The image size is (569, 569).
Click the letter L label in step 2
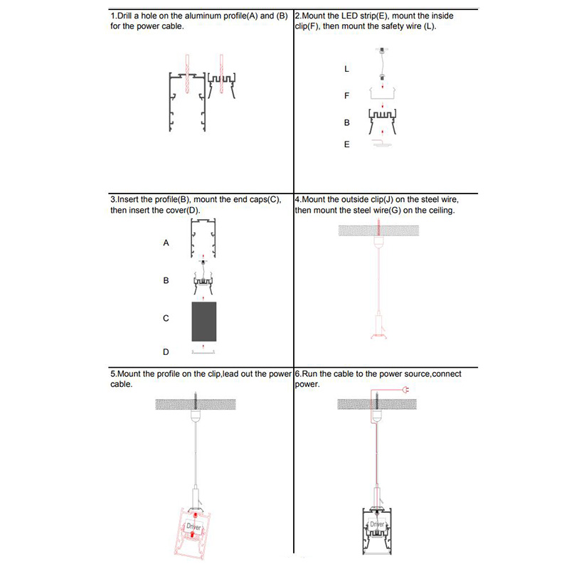click(x=346, y=69)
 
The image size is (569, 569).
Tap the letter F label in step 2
click(x=346, y=95)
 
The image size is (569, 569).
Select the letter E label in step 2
click(x=346, y=144)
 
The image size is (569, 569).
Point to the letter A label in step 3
click(x=166, y=243)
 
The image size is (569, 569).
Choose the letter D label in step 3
click(x=166, y=352)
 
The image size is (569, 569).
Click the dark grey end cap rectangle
click(x=203, y=320)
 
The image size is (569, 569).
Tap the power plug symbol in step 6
click(x=405, y=389)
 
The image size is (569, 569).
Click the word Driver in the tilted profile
click(x=194, y=527)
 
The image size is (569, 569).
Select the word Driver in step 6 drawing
click(x=377, y=524)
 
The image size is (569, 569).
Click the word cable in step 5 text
click(x=122, y=383)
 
